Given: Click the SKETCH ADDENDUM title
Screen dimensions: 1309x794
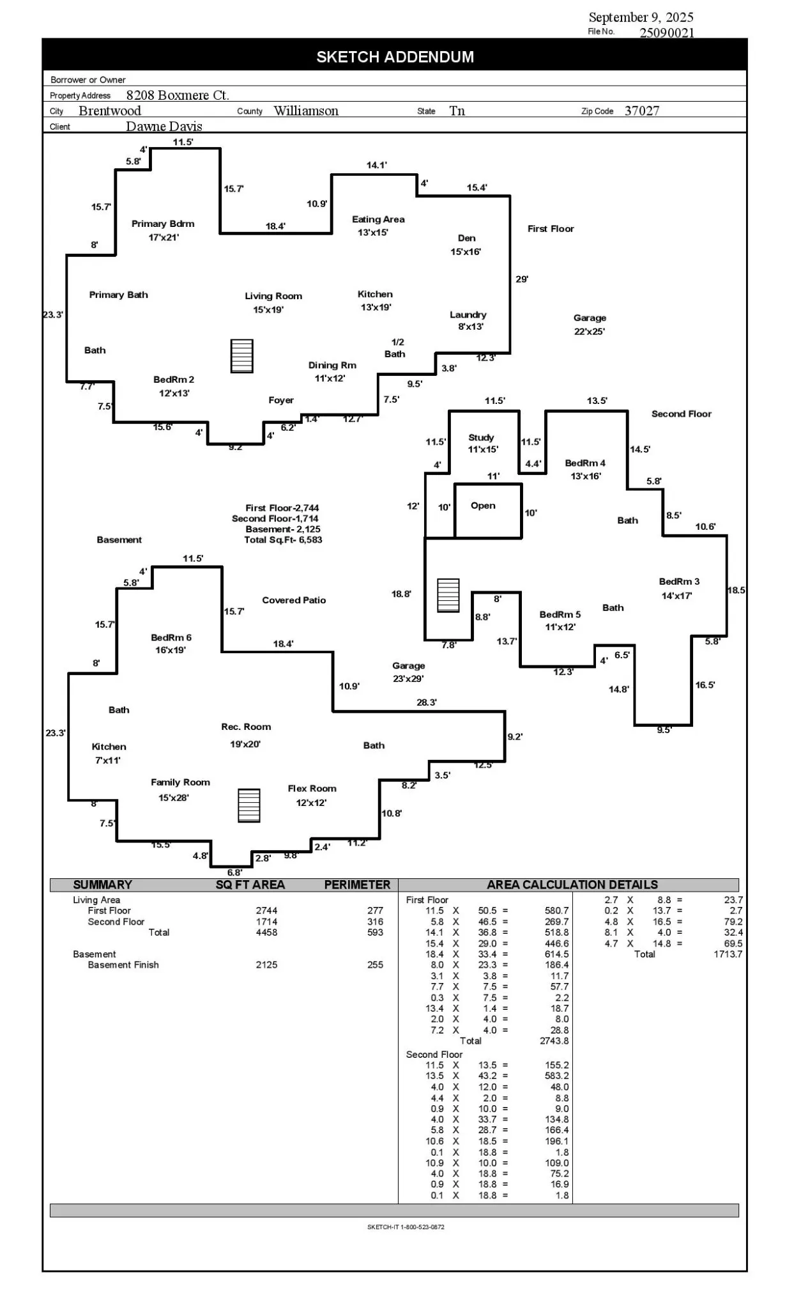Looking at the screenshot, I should coord(395,57).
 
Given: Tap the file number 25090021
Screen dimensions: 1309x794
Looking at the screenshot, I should coord(667,33).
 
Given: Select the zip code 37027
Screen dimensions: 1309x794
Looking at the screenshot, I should coord(641,111).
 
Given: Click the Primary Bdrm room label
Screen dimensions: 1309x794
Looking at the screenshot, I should coord(163,224).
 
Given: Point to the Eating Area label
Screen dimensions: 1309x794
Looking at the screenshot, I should coord(378,219).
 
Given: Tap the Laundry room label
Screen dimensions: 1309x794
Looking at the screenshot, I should coord(468,314).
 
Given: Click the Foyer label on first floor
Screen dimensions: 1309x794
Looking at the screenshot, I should coord(281,400).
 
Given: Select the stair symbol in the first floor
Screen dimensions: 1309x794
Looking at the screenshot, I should coord(242,356).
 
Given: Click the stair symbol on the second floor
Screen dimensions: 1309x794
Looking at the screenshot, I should coord(448,596).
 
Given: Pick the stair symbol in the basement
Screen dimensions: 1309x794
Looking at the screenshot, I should coord(248,805).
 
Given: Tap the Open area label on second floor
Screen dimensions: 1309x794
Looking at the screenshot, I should coord(483,506).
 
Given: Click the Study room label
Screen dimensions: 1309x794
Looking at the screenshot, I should coord(481,437).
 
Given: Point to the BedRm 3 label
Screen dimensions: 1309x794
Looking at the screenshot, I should coord(679,582).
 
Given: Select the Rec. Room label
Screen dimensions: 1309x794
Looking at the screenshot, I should coord(246,727).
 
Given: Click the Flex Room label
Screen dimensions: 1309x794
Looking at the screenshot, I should coord(312,789).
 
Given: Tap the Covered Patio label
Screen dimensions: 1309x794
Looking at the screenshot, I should coord(294,600).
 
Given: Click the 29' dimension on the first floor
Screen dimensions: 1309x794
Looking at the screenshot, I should coord(522,279).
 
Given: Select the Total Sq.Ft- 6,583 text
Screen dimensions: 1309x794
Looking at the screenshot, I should coord(283,539).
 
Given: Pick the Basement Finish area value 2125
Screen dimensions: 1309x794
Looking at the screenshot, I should coord(266,964).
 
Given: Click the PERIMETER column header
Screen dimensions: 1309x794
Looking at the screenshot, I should coord(357,885).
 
